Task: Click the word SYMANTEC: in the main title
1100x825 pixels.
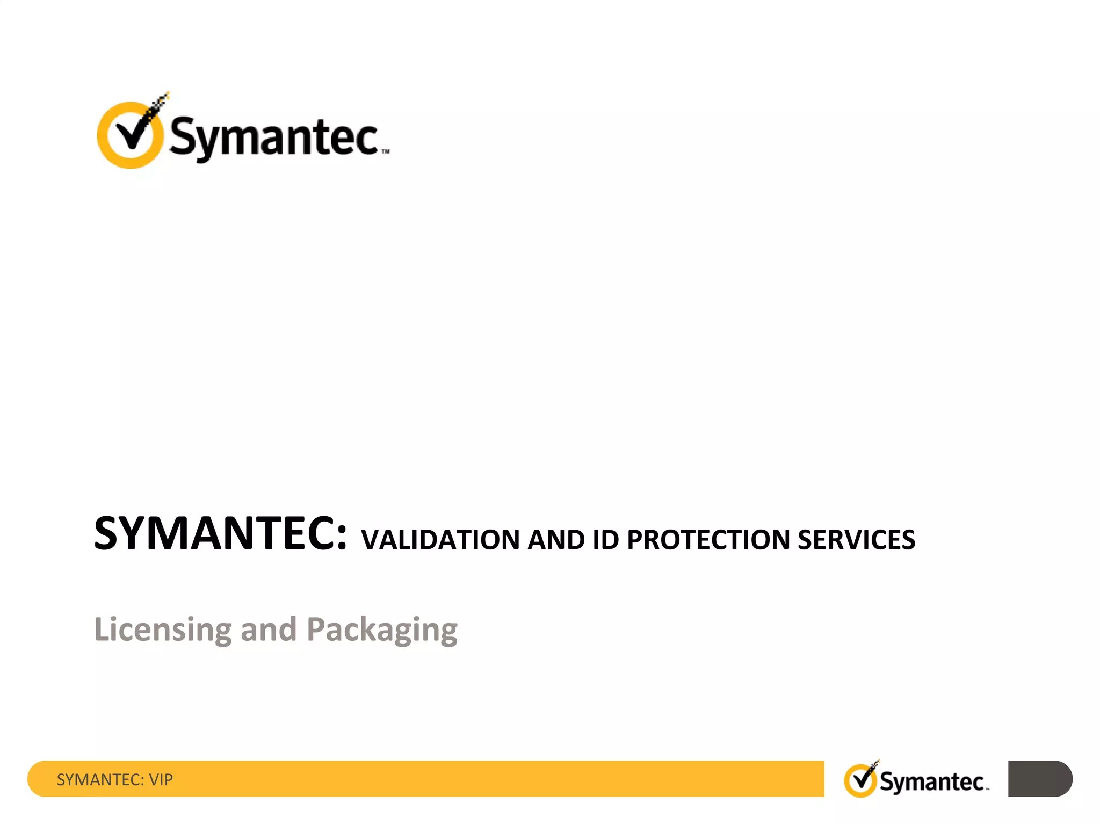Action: [220, 533]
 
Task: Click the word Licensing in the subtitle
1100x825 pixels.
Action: [163, 629]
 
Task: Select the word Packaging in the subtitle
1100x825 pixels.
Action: [382, 629]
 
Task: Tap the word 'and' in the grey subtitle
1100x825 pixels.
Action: [269, 629]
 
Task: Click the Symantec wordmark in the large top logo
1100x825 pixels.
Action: [274, 137]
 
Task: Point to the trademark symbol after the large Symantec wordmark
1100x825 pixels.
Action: [386, 152]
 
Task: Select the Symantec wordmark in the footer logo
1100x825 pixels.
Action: [931, 782]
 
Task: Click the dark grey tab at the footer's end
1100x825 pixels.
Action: [1040, 778]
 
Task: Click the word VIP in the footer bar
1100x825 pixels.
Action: [161, 779]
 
